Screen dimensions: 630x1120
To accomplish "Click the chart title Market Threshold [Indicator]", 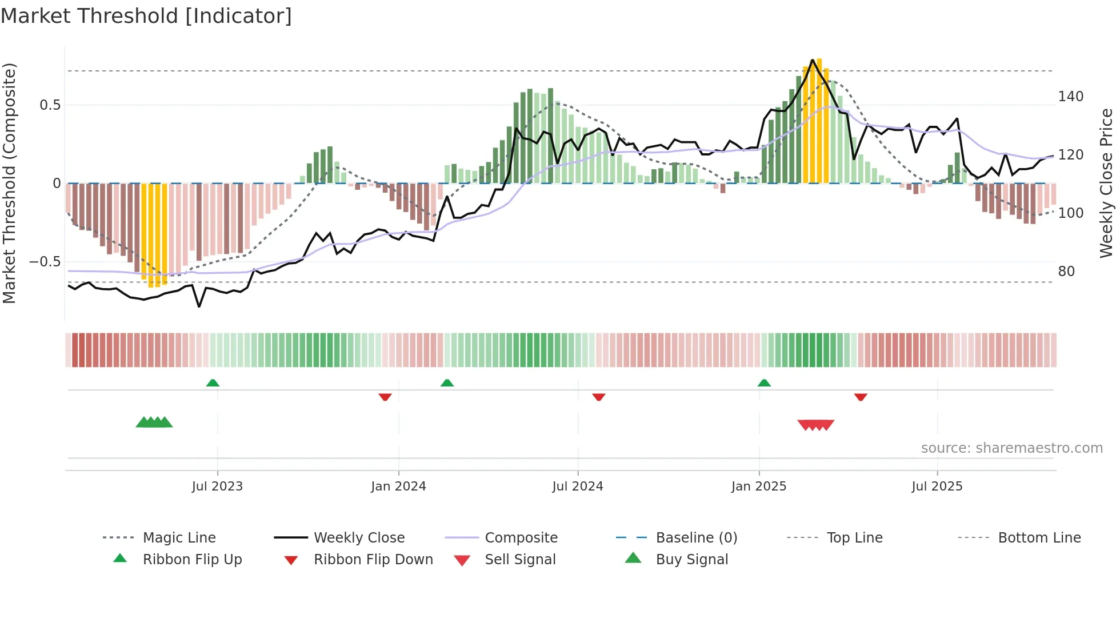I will point(146,16).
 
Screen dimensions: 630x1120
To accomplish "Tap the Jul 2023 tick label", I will point(217,487).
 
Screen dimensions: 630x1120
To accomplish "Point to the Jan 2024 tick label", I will point(398,487).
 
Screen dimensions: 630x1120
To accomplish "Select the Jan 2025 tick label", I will point(759,487).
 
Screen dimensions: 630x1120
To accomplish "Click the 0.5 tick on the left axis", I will point(50,105).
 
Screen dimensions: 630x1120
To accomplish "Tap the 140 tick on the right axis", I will point(1070,97).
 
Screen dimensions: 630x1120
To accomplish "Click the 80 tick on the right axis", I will point(1066,272).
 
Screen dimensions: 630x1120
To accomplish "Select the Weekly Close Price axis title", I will point(1106,183).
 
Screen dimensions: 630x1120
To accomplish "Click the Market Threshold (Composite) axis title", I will point(9,183).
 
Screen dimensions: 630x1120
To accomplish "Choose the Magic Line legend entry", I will point(179,538).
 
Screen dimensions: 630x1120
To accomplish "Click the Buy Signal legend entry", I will point(691,560).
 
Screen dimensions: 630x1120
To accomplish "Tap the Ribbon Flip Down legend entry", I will point(373,560).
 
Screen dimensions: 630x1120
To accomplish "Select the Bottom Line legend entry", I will point(1039,538).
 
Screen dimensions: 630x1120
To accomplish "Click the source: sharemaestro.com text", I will point(1011,448).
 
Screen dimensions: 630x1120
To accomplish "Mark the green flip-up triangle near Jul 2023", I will point(213,383).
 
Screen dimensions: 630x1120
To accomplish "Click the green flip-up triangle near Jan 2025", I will point(764,383).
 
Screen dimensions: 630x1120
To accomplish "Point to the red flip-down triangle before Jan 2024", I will point(385,397).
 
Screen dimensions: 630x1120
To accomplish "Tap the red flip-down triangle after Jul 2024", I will point(599,397).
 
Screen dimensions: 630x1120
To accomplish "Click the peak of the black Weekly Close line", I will point(812,60).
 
